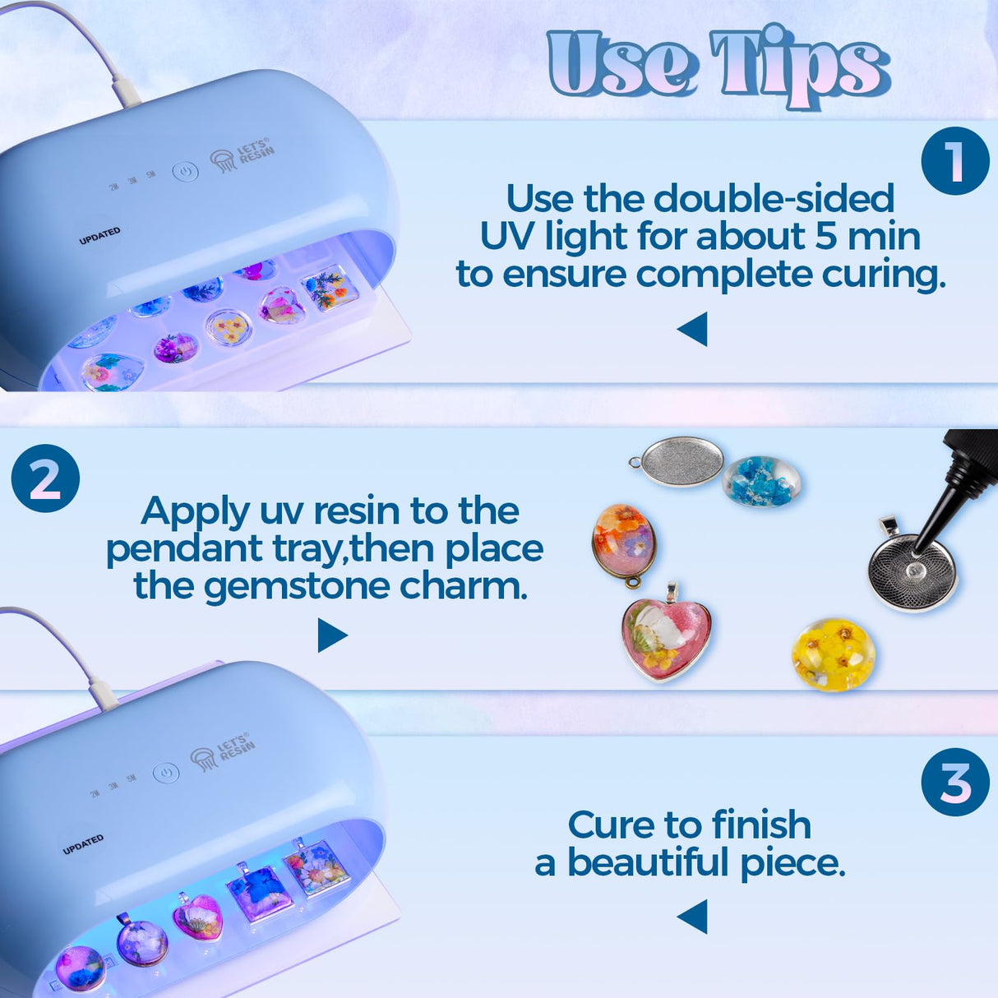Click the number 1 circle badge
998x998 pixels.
pyautogui.click(x=954, y=161)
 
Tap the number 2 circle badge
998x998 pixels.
pyautogui.click(x=45, y=478)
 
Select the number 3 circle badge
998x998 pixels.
pyautogui.click(x=954, y=782)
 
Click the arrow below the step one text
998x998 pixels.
pyautogui.click(x=693, y=329)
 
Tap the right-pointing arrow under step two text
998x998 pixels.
pyautogui.click(x=331, y=635)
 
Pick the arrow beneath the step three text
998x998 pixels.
pyautogui.click(x=693, y=916)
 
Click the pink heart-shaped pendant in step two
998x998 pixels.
pyautogui.click(x=665, y=637)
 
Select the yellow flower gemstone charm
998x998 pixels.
pyautogui.click(x=833, y=654)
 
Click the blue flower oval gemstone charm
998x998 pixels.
pyautogui.click(x=761, y=480)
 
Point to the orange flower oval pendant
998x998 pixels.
pyautogui.click(x=625, y=542)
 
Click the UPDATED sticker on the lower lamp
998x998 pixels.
pyautogui.click(x=83, y=844)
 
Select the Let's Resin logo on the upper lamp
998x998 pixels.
pyautogui.click(x=243, y=155)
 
